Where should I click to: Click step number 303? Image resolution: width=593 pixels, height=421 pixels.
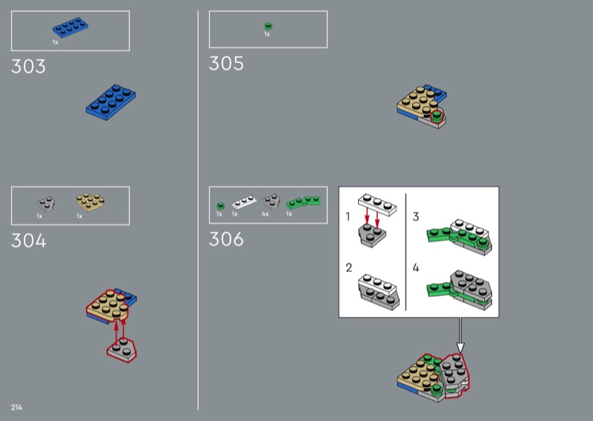coord(28,66)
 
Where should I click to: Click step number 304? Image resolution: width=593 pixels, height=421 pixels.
coord(29,241)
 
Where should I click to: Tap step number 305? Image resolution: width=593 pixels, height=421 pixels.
coord(226,64)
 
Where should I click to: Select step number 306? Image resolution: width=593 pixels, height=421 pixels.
coord(226,239)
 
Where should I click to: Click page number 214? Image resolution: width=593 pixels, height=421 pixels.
coord(16,408)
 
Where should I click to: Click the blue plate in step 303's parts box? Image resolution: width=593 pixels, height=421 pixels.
coord(70,27)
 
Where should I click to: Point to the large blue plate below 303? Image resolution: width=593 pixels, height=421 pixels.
coord(110,102)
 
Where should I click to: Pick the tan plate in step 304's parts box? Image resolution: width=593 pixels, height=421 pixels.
coord(90,202)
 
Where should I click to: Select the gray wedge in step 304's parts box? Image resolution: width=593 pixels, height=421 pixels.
coord(46,204)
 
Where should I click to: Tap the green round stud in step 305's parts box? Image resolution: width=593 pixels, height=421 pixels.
coord(268,26)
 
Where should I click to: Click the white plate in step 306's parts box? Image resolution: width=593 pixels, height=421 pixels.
coord(244,202)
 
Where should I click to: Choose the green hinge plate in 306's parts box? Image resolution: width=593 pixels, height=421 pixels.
coord(303,202)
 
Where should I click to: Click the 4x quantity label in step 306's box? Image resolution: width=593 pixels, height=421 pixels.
coord(265,214)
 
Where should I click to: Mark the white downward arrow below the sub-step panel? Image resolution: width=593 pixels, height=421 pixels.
coord(460,336)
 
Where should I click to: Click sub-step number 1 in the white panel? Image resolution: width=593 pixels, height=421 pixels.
coord(348,216)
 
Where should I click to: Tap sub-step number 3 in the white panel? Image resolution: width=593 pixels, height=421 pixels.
coord(416,216)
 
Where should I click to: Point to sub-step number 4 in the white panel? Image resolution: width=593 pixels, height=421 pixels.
coord(416,268)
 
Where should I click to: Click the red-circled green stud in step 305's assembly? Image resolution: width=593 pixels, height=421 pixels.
coord(437,116)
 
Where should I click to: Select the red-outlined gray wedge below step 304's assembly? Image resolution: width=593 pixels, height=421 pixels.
coord(122,350)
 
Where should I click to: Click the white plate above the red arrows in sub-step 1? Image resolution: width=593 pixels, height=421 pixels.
coord(377,205)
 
